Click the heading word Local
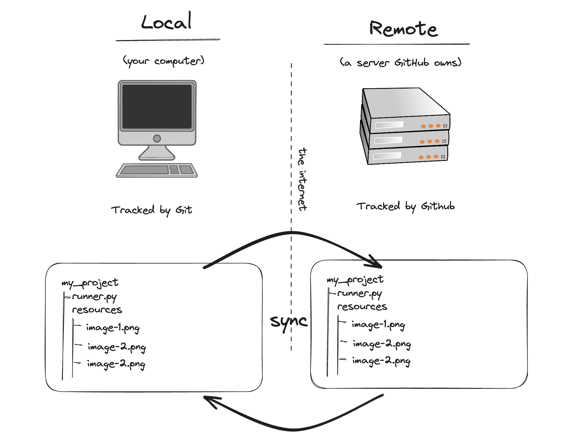tap(166, 22)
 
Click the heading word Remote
tap(403, 29)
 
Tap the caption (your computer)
tap(163, 61)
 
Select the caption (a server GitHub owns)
tap(400, 63)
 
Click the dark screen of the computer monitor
tap(157, 106)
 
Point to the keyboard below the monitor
tap(157, 170)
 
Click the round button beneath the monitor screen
tap(157, 138)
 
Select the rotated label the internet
tap(302, 179)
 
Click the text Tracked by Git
tap(152, 210)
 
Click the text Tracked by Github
tap(405, 207)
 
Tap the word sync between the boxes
tap(288, 322)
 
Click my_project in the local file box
tap(90, 283)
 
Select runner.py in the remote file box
tap(359, 294)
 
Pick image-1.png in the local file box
tap(113, 328)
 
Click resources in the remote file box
tap(362, 307)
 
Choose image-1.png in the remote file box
tap(378, 325)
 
